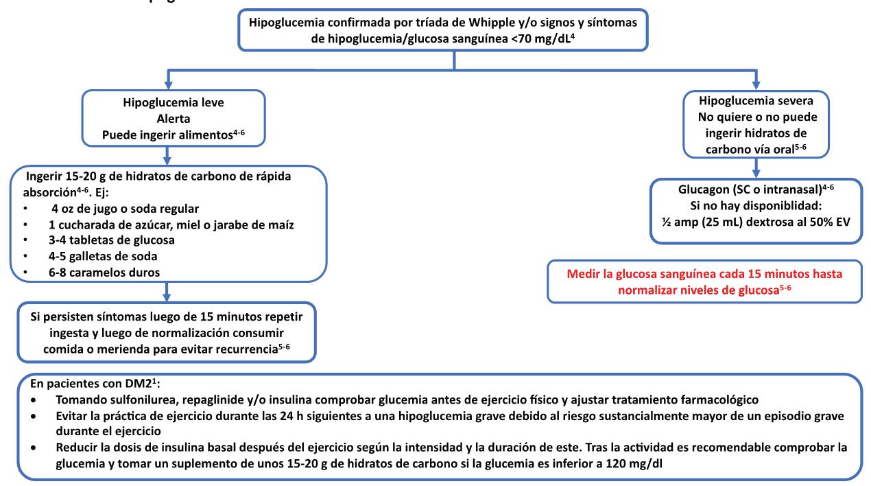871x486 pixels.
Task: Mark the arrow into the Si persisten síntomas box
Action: point(167,294)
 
